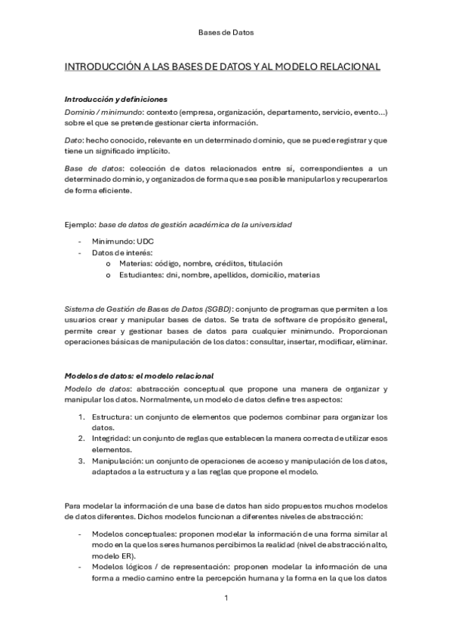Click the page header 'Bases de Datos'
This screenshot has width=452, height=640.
click(226, 33)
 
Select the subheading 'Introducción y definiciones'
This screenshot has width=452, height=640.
click(115, 100)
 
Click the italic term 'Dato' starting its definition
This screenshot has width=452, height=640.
click(73, 140)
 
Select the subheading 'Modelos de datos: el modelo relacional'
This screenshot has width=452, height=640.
click(140, 376)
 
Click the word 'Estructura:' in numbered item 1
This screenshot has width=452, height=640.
click(114, 417)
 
